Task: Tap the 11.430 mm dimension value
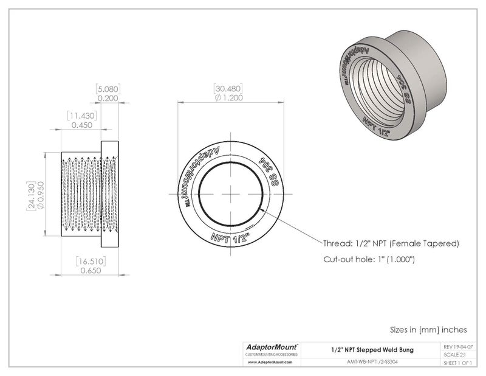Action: coord(80,115)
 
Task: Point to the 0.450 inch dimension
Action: coord(80,125)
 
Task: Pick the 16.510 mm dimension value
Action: coord(90,262)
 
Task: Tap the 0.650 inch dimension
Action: coord(90,271)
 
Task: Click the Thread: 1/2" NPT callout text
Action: coord(391,243)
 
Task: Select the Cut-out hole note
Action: coord(369,260)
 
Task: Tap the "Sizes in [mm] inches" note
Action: coord(428,330)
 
